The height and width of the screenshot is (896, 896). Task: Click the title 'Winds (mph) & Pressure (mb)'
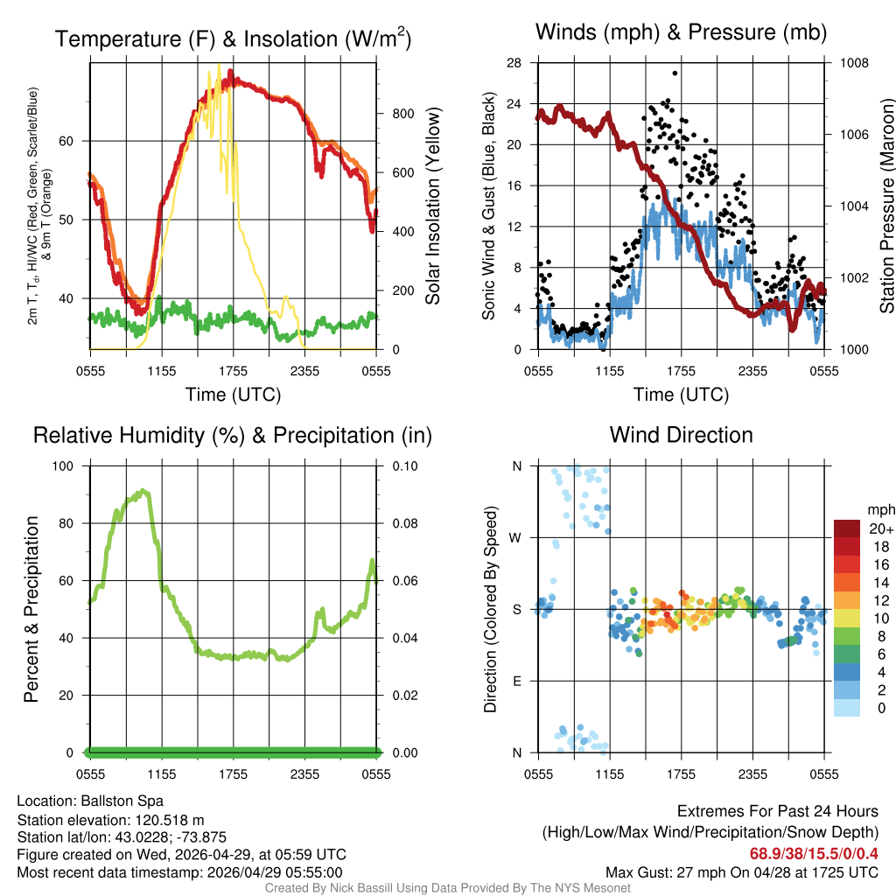click(681, 33)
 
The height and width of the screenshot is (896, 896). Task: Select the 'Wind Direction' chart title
click(681, 435)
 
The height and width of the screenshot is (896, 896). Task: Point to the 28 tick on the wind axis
click(514, 63)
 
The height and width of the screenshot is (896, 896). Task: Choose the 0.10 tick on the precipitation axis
click(404, 465)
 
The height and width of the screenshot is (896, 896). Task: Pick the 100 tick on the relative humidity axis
click(65, 465)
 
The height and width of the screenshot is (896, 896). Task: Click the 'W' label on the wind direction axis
click(516, 537)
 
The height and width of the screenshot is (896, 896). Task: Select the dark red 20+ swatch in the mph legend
click(848, 528)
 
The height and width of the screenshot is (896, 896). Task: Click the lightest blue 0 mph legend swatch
click(848, 708)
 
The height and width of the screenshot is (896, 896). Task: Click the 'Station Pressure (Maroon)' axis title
click(886, 206)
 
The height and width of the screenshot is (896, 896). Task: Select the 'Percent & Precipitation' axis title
click(31, 609)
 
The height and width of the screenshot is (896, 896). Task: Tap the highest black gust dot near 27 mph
click(675, 73)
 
